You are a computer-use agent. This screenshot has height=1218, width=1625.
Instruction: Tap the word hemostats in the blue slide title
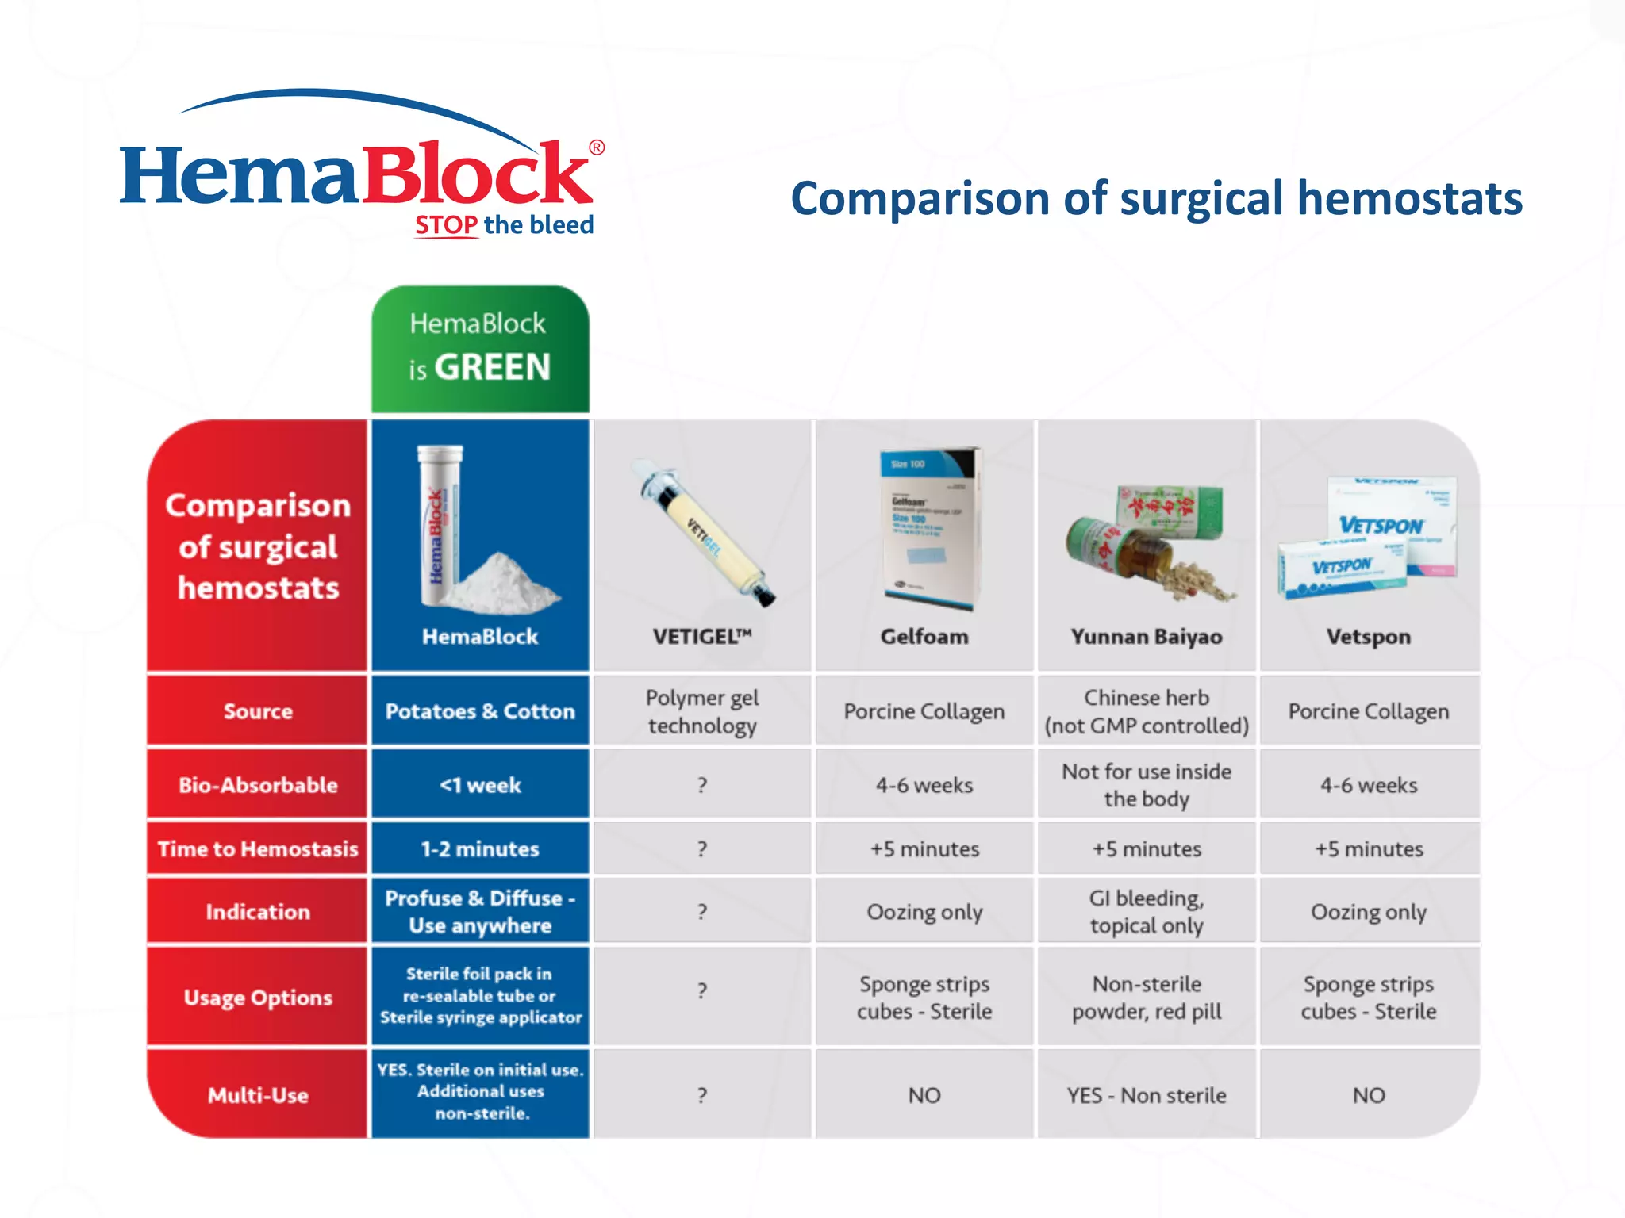(1409, 198)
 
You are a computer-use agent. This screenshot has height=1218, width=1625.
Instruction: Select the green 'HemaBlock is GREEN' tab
(480, 349)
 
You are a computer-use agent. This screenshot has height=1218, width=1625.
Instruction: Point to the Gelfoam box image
(928, 528)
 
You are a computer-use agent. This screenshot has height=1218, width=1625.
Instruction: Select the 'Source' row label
(258, 711)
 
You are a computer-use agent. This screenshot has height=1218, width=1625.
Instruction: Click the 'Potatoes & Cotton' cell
(480, 711)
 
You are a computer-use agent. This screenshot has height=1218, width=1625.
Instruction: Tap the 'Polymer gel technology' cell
(702, 711)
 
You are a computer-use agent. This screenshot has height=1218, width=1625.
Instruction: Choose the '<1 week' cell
(480, 785)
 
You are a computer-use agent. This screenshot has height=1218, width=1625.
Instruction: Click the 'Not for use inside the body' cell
(1147, 785)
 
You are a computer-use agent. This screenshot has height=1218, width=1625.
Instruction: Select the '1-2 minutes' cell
(480, 848)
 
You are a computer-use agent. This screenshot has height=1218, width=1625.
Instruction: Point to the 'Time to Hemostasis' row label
(258, 848)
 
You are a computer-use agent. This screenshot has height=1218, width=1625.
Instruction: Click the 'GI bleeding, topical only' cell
(1147, 912)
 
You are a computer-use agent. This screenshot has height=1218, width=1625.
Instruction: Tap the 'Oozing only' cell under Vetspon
(1369, 912)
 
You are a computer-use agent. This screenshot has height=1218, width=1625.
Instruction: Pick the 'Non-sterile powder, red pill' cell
(1147, 998)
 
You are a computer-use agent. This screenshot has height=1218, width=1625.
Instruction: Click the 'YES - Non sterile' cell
(1147, 1095)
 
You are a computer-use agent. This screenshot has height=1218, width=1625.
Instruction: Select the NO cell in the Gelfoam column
(924, 1095)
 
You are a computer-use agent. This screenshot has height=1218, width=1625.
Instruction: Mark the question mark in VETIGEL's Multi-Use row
(702, 1095)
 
